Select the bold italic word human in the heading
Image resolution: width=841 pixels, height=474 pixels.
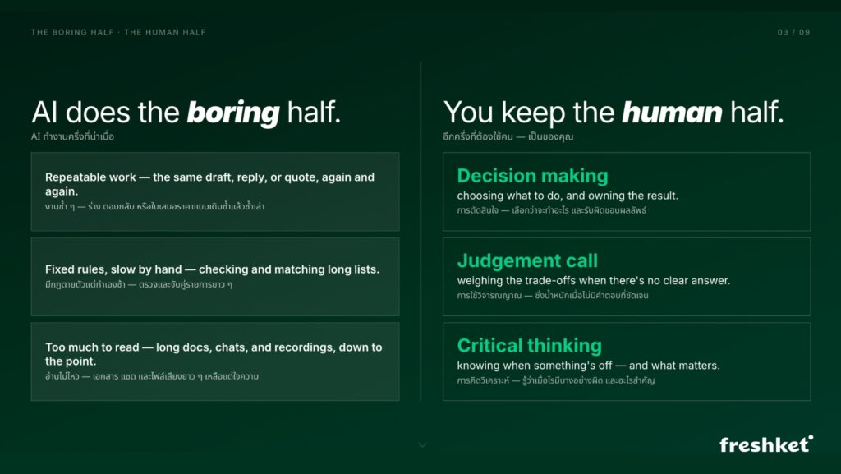tap(672, 113)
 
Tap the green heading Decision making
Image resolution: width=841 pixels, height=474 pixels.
tap(532, 176)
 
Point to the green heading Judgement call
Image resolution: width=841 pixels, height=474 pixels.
tap(527, 260)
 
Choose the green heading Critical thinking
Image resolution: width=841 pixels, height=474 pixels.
tap(530, 345)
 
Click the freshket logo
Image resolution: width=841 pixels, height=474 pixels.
tap(766, 444)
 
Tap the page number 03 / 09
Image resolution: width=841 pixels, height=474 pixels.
tap(793, 32)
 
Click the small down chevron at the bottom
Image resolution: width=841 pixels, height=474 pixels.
tap(423, 445)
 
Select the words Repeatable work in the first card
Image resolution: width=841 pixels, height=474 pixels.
tap(90, 177)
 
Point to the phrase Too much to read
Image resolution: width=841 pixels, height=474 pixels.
tap(92, 347)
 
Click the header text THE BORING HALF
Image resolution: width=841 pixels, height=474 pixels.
tap(72, 32)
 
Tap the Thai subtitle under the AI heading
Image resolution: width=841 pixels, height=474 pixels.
tap(72, 136)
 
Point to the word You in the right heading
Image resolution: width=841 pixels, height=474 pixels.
tap(467, 113)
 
